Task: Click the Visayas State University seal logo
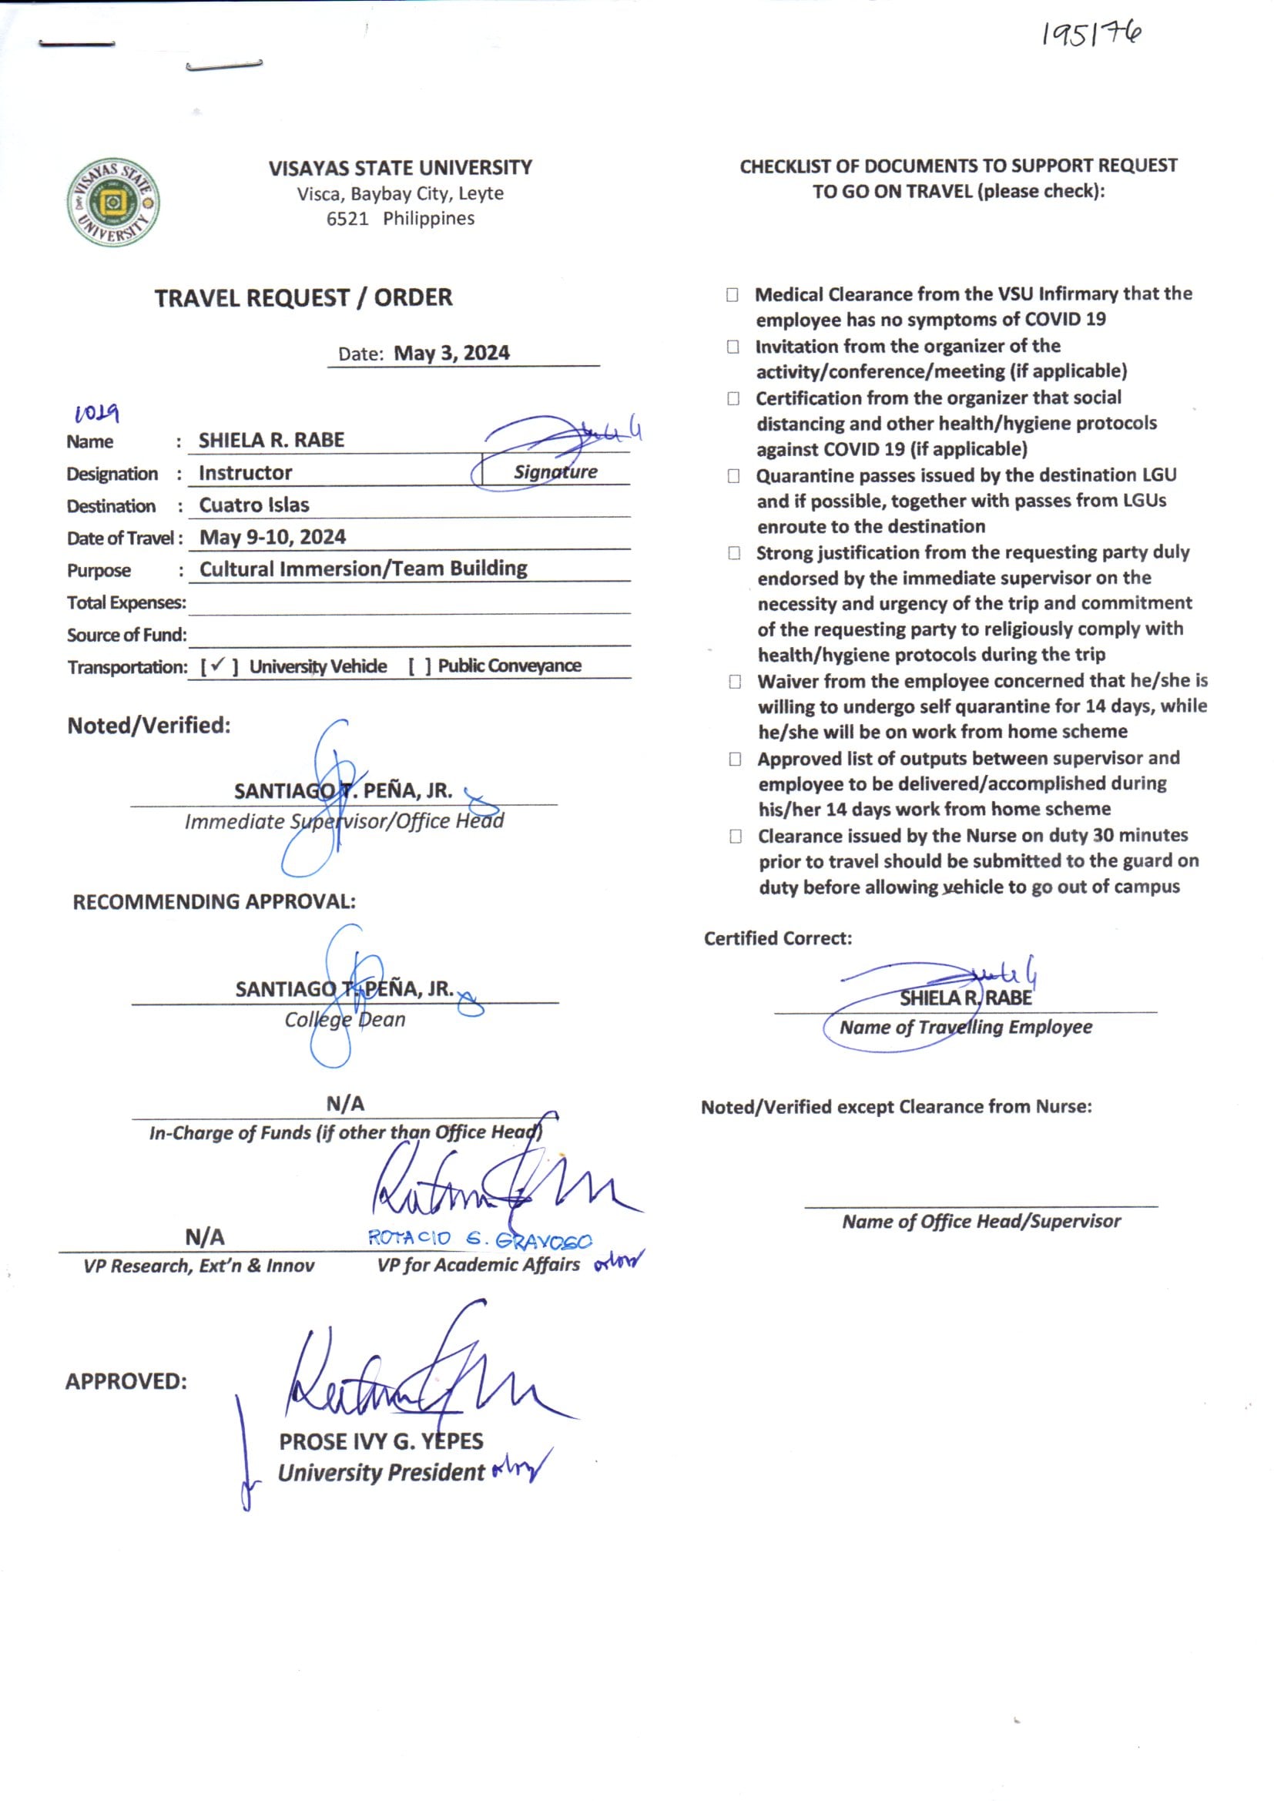tap(113, 203)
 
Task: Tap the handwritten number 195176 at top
tap(1091, 34)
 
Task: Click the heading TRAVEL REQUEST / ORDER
tap(303, 298)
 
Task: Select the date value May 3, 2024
tap(451, 354)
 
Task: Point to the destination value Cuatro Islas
tap(254, 505)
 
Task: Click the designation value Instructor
tap(245, 473)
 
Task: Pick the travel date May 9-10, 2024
tap(272, 538)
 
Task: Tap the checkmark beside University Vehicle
tap(219, 666)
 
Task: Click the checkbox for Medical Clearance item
tap(733, 295)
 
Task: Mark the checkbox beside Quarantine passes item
tap(733, 476)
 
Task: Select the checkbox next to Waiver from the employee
tap(735, 682)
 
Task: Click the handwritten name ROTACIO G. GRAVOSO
tap(480, 1239)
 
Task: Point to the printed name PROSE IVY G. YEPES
tap(381, 1442)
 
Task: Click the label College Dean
tap(344, 1020)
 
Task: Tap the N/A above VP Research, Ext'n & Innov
tap(205, 1238)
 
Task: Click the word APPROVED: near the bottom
tap(126, 1381)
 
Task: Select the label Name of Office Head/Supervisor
tap(981, 1221)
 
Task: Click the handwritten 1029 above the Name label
tap(96, 413)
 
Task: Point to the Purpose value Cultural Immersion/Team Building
tap(364, 568)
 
